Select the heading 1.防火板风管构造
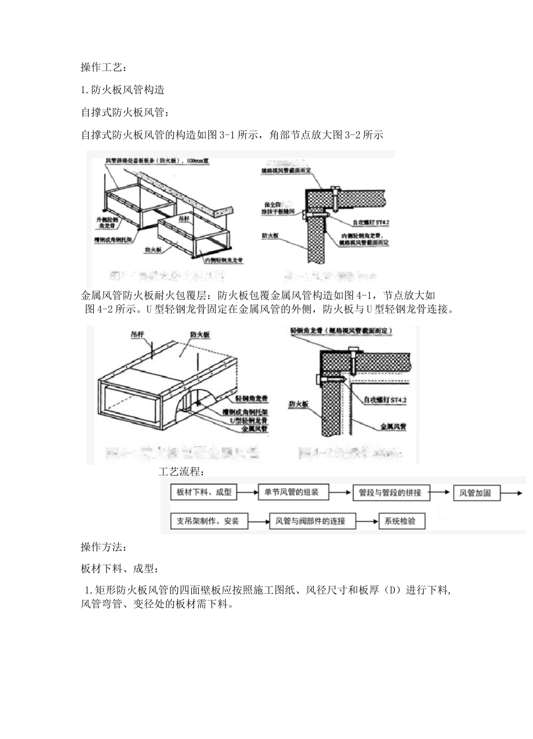click(123, 90)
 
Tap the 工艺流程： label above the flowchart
click(182, 471)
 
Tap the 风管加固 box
click(475, 493)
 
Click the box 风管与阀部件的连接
click(310, 521)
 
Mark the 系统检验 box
click(401, 521)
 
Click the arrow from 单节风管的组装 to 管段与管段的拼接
click(338, 493)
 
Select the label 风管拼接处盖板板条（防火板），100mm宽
click(158, 161)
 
